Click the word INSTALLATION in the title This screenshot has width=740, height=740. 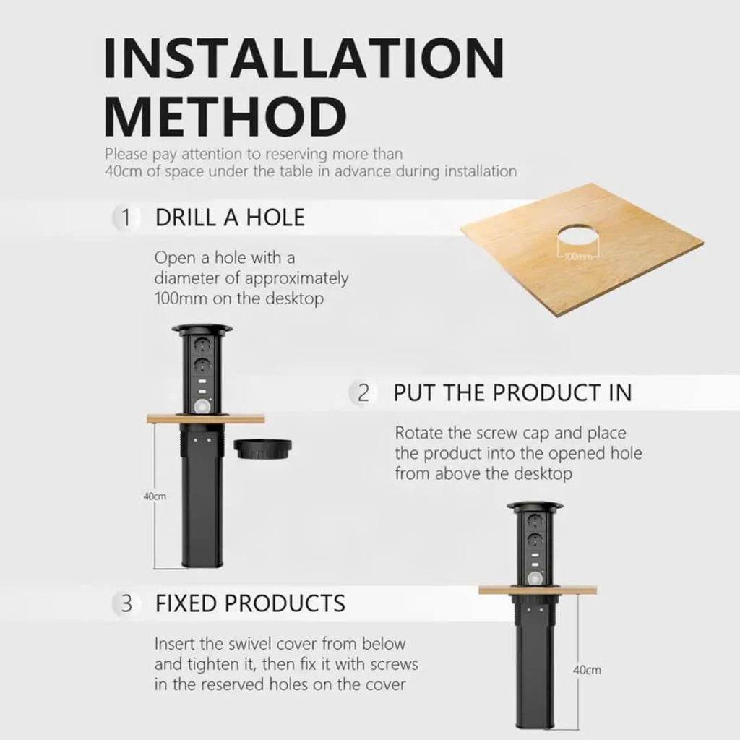[304, 58]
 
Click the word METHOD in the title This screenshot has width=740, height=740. [225, 116]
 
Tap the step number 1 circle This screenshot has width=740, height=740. [126, 218]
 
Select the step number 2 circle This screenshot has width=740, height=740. [363, 393]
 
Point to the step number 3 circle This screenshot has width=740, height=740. [126, 603]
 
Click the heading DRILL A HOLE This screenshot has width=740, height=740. [230, 218]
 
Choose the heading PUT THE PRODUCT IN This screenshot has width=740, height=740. [512, 393]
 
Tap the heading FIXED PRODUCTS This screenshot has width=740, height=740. [250, 603]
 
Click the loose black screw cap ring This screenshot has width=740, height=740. [262, 448]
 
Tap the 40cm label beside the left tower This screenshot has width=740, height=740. [155, 496]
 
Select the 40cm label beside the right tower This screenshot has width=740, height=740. [587, 670]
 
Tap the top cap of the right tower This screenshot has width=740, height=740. [535, 507]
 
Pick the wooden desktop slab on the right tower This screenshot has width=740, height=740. [538, 590]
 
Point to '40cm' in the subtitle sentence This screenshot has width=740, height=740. [123, 171]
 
